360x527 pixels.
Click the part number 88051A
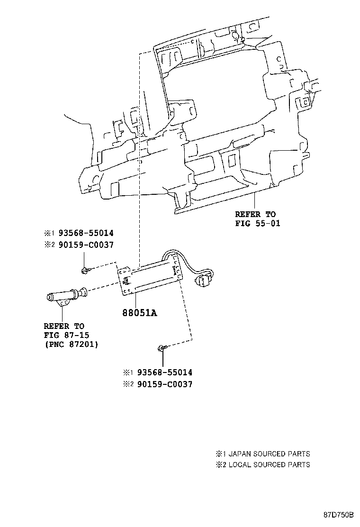[x=140, y=313]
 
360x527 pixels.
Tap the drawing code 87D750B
[x=339, y=515]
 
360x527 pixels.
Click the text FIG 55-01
[x=258, y=223]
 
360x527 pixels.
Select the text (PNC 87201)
[x=72, y=345]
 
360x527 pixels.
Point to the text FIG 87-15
[x=66, y=335]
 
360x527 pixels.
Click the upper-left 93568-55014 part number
[x=86, y=233]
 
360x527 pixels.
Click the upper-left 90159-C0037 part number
[x=86, y=245]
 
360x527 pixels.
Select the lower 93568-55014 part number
[x=165, y=372]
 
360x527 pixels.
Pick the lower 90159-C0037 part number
[x=165, y=384]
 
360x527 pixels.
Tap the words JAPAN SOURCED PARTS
[x=270, y=454]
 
